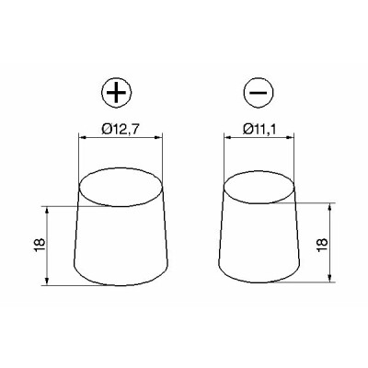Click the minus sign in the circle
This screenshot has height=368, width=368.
point(259,93)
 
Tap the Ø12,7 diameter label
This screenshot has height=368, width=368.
point(121,130)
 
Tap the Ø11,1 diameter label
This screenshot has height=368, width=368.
point(259,130)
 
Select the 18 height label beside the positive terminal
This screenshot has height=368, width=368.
point(40,245)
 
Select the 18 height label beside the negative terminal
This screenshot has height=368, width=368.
point(323,245)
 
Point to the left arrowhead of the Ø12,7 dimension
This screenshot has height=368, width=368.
point(82,138)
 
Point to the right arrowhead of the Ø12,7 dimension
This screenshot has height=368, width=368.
point(159,138)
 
